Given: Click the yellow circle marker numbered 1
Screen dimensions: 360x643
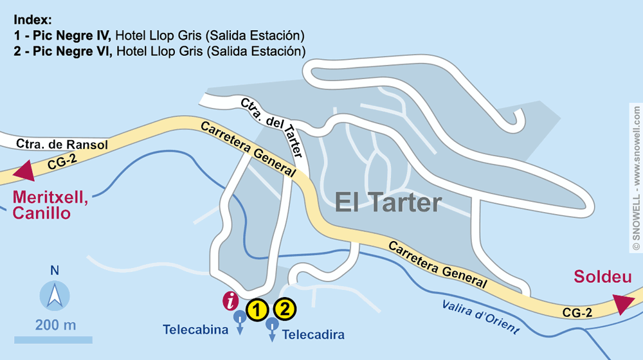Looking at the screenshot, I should click(257, 310).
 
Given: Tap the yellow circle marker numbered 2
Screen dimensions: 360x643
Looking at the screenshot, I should click(285, 309).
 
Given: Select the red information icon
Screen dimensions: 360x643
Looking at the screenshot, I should click(230, 300).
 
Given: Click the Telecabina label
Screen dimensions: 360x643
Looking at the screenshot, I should click(196, 331).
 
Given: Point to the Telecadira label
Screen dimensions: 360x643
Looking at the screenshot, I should click(313, 334).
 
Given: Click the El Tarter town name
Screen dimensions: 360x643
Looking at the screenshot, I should click(388, 203).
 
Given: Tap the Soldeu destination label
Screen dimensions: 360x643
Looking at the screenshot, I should click(602, 278).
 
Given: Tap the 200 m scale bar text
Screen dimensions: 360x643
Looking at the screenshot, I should click(55, 325).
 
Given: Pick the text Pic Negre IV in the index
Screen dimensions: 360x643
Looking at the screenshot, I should click(73, 35).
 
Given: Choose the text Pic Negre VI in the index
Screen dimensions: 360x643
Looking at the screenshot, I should click(73, 50).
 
